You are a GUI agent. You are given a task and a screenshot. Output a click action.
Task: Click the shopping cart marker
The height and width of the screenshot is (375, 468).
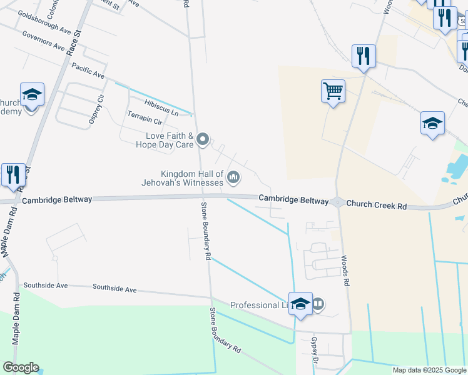point(333,91)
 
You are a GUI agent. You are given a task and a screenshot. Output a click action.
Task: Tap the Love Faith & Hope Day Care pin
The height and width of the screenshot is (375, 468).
point(203,139)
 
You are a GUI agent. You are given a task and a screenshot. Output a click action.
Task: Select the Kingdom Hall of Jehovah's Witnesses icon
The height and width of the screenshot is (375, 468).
point(233,178)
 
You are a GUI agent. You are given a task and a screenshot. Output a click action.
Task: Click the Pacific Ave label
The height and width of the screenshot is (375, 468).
point(88,69)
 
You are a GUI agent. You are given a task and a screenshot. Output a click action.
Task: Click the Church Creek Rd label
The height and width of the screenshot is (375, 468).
point(376,204)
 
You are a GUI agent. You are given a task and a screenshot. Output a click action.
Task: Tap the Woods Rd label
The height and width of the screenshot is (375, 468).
point(345,270)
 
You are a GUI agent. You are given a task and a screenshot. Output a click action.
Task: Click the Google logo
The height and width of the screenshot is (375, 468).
point(20,367)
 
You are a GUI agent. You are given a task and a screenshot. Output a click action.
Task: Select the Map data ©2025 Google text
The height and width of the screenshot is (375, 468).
point(429,370)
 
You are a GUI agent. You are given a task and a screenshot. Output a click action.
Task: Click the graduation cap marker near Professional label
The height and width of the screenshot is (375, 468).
point(300,304)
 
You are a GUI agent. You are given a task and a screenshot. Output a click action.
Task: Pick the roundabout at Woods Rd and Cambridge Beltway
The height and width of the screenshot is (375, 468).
point(337,202)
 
